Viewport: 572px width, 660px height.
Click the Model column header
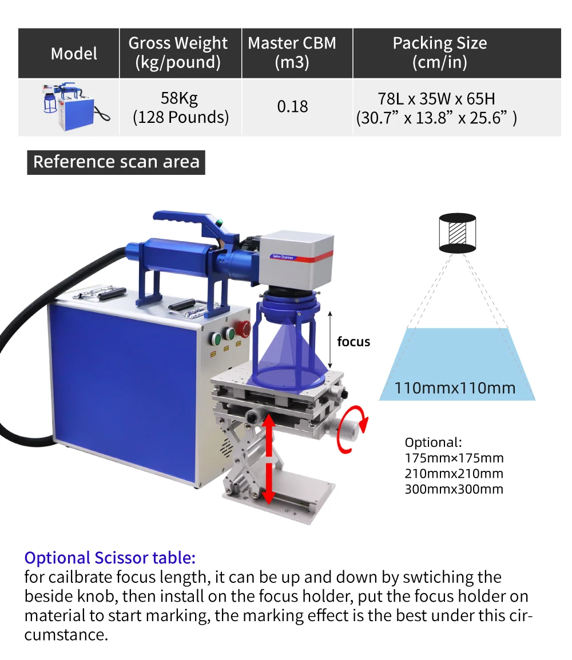pyautogui.click(x=74, y=54)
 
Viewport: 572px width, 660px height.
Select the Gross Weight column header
pyautogui.click(x=178, y=52)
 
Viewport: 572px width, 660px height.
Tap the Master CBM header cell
pyautogui.click(x=292, y=52)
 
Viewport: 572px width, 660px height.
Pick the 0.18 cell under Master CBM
pyautogui.click(x=292, y=107)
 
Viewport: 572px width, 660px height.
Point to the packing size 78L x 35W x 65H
pyautogui.click(x=439, y=98)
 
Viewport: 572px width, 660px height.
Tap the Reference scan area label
pyautogui.click(x=116, y=162)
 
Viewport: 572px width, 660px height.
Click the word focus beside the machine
pyautogui.click(x=353, y=342)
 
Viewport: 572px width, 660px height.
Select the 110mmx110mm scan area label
pyautogui.click(x=455, y=388)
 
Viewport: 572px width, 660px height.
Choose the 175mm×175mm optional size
pyautogui.click(x=454, y=458)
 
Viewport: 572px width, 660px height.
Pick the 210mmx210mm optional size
pyautogui.click(x=454, y=473)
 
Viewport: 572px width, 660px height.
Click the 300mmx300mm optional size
pyautogui.click(x=454, y=489)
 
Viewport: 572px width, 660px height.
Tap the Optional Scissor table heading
pyautogui.click(x=110, y=558)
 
